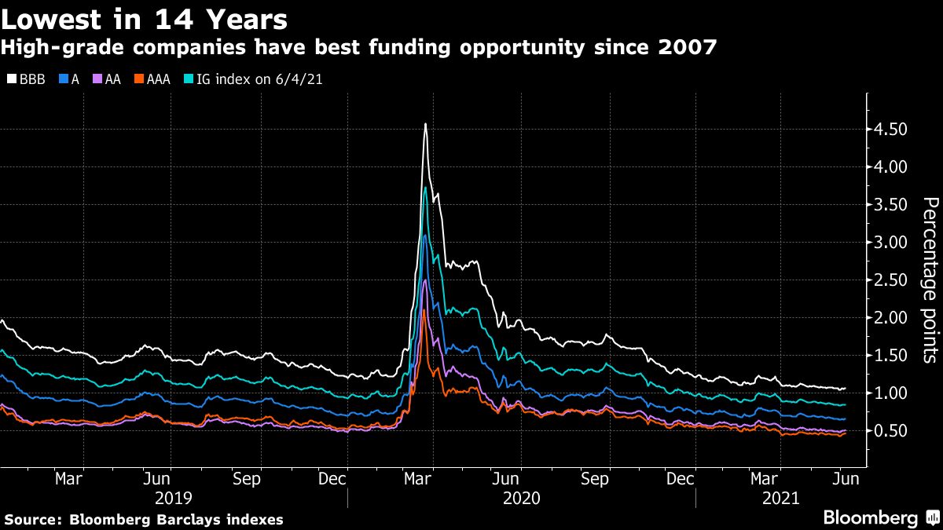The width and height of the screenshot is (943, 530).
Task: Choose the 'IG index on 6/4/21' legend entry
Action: [252, 79]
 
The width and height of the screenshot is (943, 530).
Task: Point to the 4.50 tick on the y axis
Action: [890, 130]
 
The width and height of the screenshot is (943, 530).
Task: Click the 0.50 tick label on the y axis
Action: [890, 431]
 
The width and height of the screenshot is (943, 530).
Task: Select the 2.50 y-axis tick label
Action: [890, 280]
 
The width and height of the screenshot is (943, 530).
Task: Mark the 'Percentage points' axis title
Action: [929, 280]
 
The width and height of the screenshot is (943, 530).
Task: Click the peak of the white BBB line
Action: [425, 124]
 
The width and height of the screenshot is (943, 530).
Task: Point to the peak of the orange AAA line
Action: [424, 312]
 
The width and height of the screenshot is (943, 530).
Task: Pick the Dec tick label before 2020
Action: [334, 478]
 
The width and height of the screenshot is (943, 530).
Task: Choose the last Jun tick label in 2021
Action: [845, 478]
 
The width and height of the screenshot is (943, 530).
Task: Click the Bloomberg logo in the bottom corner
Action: [871, 518]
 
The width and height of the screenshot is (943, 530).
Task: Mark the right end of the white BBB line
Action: [845, 388]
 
